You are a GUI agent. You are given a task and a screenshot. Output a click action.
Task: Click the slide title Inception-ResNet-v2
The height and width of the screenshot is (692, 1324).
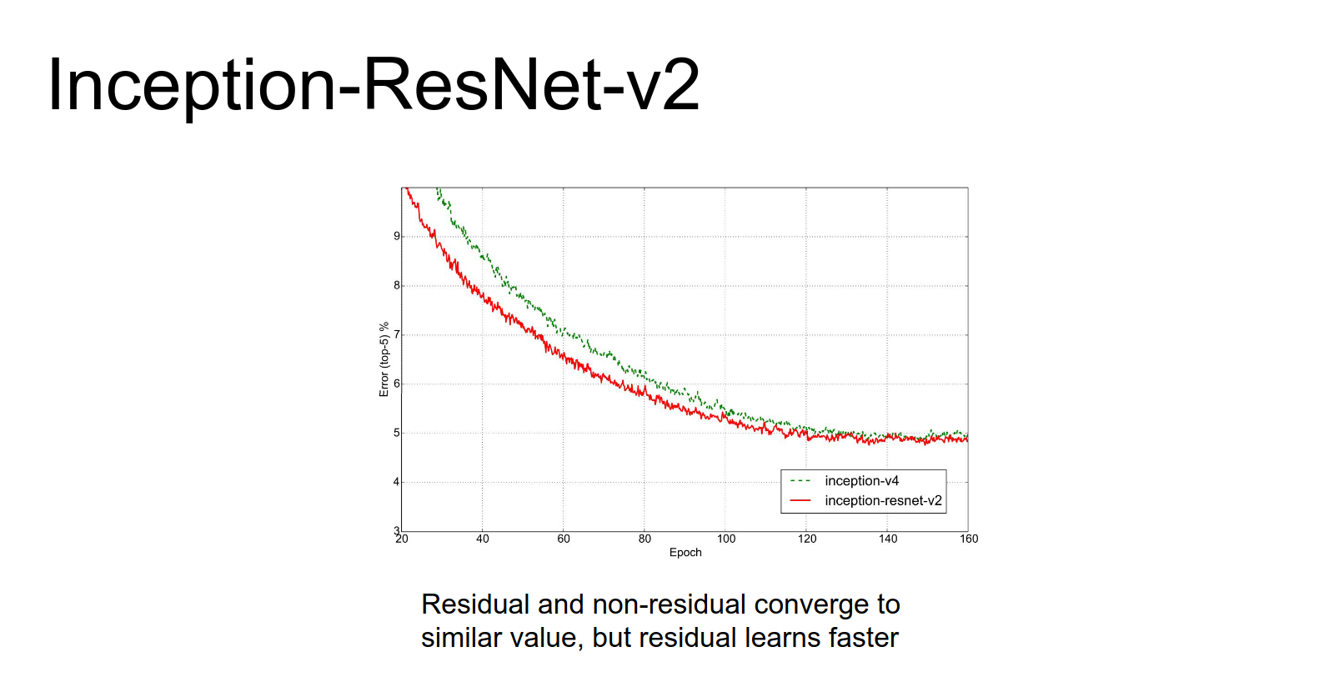point(374,85)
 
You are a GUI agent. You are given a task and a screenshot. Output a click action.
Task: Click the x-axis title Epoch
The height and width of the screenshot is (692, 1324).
point(685,552)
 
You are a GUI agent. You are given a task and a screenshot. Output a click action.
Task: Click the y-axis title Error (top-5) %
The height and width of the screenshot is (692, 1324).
point(384,359)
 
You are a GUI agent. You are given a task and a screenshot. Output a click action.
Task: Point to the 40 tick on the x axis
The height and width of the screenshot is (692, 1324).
point(483,539)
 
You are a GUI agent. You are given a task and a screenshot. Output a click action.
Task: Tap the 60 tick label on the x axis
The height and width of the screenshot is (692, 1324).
point(564,539)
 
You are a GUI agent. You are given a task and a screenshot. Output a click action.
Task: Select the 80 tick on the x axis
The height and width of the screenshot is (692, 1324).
point(644,539)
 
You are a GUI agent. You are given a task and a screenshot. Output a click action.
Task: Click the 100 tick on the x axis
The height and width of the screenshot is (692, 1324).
point(726,539)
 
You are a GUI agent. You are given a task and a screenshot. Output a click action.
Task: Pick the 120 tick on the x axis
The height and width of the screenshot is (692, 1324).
point(807,539)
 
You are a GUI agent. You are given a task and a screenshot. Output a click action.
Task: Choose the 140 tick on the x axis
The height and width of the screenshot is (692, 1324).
point(888,539)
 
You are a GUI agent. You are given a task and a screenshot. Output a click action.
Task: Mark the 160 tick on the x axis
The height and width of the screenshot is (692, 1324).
point(969,539)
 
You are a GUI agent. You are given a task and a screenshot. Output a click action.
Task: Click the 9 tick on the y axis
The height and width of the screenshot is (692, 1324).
point(397,236)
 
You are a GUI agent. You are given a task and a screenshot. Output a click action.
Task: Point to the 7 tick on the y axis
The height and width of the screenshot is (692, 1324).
point(397,334)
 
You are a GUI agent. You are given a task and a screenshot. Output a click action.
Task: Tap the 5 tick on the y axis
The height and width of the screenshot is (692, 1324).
point(397,433)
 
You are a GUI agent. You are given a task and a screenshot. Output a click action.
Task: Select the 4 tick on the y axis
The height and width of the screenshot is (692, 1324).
point(397,482)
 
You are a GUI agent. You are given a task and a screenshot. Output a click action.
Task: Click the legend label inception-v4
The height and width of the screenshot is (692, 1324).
point(862,481)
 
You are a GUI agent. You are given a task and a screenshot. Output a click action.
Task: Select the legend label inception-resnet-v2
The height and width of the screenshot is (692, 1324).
point(883,500)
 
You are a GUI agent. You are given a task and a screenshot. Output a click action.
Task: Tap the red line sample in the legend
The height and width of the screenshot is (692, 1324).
point(800,500)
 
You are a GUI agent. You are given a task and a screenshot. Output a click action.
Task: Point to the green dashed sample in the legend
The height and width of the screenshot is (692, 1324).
point(800,481)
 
